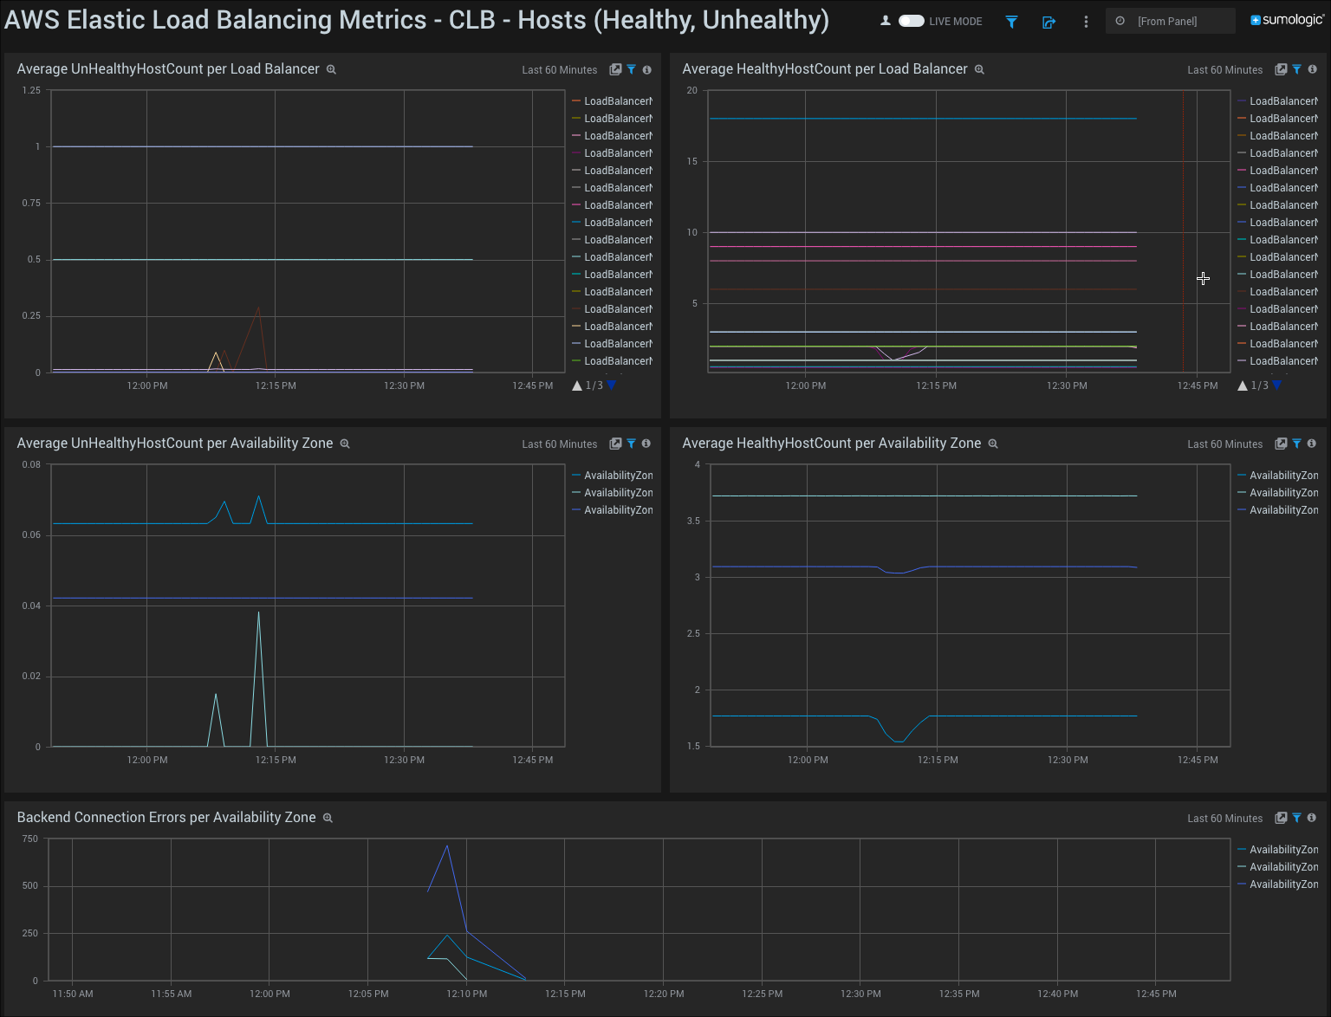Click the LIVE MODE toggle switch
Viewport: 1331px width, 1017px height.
tap(911, 21)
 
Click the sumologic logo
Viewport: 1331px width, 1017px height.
tap(1287, 20)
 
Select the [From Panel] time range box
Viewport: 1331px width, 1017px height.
tap(1170, 21)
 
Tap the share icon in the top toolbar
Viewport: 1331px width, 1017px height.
tap(1049, 22)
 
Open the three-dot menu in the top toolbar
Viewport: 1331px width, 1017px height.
tap(1086, 22)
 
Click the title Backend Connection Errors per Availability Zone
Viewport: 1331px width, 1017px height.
tap(166, 817)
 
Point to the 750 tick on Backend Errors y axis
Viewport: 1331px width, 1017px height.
tap(30, 839)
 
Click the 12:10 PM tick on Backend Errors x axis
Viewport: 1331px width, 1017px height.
tap(467, 994)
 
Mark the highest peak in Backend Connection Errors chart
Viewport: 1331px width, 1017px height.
tap(447, 845)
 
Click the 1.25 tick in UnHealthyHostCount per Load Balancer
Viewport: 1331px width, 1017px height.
tap(31, 90)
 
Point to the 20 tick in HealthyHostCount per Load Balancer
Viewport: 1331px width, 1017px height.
tap(691, 90)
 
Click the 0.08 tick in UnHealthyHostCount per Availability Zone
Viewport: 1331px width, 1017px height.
tap(31, 464)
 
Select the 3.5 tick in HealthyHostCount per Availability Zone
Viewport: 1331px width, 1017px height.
tap(693, 521)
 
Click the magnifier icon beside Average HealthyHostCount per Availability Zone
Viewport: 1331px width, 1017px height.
tap(993, 444)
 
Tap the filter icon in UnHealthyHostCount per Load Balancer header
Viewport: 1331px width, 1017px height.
tap(631, 69)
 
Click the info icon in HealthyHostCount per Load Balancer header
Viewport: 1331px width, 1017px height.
tap(1312, 69)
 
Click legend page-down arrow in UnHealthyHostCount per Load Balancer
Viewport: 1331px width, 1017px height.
tap(612, 385)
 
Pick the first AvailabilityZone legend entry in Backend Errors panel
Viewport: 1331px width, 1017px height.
tap(1282, 850)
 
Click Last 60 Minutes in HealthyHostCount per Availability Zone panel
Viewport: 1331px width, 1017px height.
tap(1224, 444)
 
